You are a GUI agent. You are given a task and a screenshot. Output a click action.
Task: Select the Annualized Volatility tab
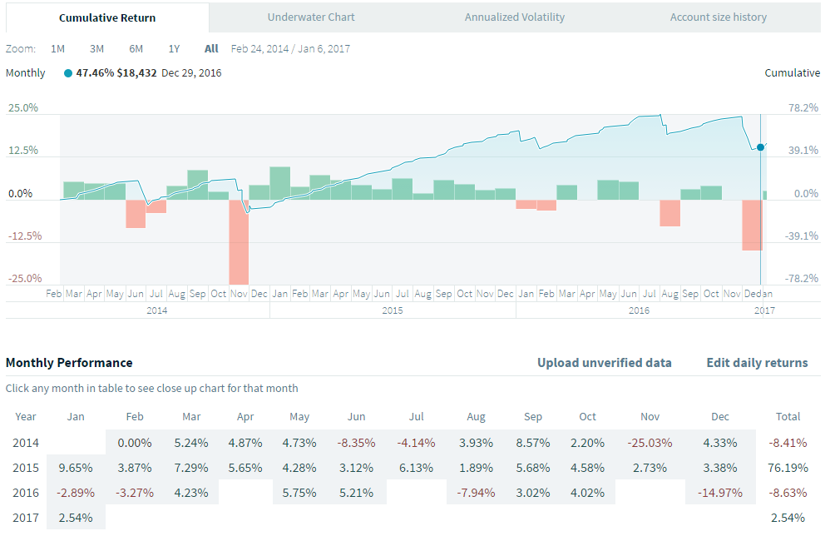point(515,17)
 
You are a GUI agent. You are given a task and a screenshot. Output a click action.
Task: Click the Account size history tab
point(719,17)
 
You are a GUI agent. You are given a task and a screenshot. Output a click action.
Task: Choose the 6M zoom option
point(136,48)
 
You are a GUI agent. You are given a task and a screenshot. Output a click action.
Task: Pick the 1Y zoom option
point(174,48)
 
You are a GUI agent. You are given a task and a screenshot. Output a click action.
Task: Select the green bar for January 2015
point(280,183)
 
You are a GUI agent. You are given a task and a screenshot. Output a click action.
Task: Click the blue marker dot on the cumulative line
point(760,146)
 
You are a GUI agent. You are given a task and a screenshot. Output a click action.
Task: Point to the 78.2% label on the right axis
point(803,108)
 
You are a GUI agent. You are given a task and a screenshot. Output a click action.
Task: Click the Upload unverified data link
point(605,363)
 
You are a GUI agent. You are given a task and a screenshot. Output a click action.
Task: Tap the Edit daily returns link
point(757,363)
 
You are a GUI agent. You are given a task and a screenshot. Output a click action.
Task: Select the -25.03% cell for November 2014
point(650,443)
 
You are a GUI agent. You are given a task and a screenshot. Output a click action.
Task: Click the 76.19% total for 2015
point(788,467)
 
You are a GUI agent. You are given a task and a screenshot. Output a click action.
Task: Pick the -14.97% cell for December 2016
point(720,492)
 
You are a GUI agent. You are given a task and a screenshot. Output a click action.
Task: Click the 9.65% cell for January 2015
point(77,467)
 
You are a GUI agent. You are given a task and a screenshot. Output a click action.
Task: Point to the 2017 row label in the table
point(26,518)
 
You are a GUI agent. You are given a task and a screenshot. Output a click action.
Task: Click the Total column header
point(788,416)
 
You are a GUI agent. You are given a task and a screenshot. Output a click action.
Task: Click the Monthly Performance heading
point(69,363)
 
